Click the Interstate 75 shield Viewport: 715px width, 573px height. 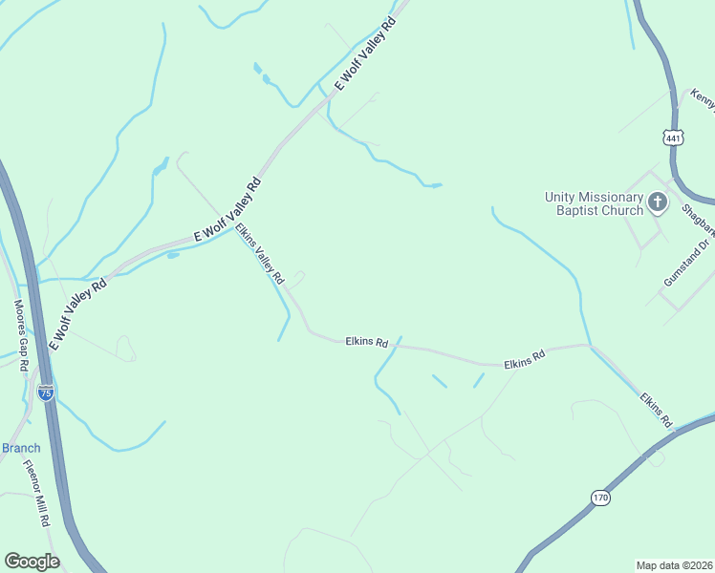click(45, 392)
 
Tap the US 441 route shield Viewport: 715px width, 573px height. click(674, 138)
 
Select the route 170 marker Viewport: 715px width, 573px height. click(599, 498)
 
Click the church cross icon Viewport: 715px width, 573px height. click(658, 202)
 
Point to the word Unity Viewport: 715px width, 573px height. click(561, 197)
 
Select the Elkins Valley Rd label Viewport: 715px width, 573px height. click(261, 254)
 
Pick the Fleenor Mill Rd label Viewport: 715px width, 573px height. click(36, 495)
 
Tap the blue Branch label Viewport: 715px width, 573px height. click(20, 448)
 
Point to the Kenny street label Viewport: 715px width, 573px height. click(703, 98)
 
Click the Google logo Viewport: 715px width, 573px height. click(32, 562)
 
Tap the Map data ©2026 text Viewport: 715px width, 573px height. click(674, 565)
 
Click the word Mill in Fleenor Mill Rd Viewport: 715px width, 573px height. click(37, 500)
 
